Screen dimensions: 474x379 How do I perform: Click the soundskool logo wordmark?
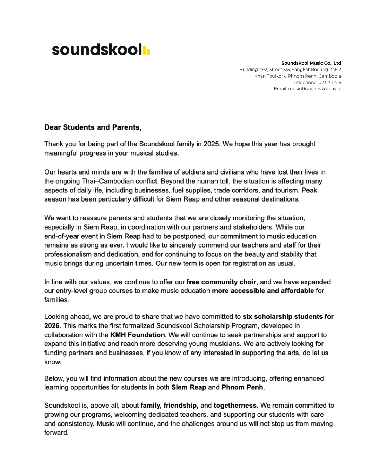pyautogui.click(x=97, y=50)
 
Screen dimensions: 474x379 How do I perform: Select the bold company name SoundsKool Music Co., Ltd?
pyautogui.click(x=311, y=63)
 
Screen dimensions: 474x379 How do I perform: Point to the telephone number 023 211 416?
pyautogui.click(x=330, y=83)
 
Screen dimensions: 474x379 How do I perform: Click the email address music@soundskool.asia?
pyautogui.click(x=314, y=89)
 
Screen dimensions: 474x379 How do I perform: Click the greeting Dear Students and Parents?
pyautogui.click(x=93, y=127)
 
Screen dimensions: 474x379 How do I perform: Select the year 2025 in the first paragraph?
pyautogui.click(x=211, y=144)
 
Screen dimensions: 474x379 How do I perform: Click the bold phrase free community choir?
pyautogui.click(x=221, y=282)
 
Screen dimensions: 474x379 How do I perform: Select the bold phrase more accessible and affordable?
pyautogui.click(x=263, y=291)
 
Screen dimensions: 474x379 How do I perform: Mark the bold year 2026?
pyautogui.click(x=52, y=326)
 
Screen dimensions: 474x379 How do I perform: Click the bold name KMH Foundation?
pyautogui.click(x=138, y=335)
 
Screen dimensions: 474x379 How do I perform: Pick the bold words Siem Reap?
pyautogui.click(x=188, y=387)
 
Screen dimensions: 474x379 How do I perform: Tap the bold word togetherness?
pyautogui.click(x=235, y=406)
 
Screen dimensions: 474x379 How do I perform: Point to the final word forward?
pyautogui.click(x=56, y=433)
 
